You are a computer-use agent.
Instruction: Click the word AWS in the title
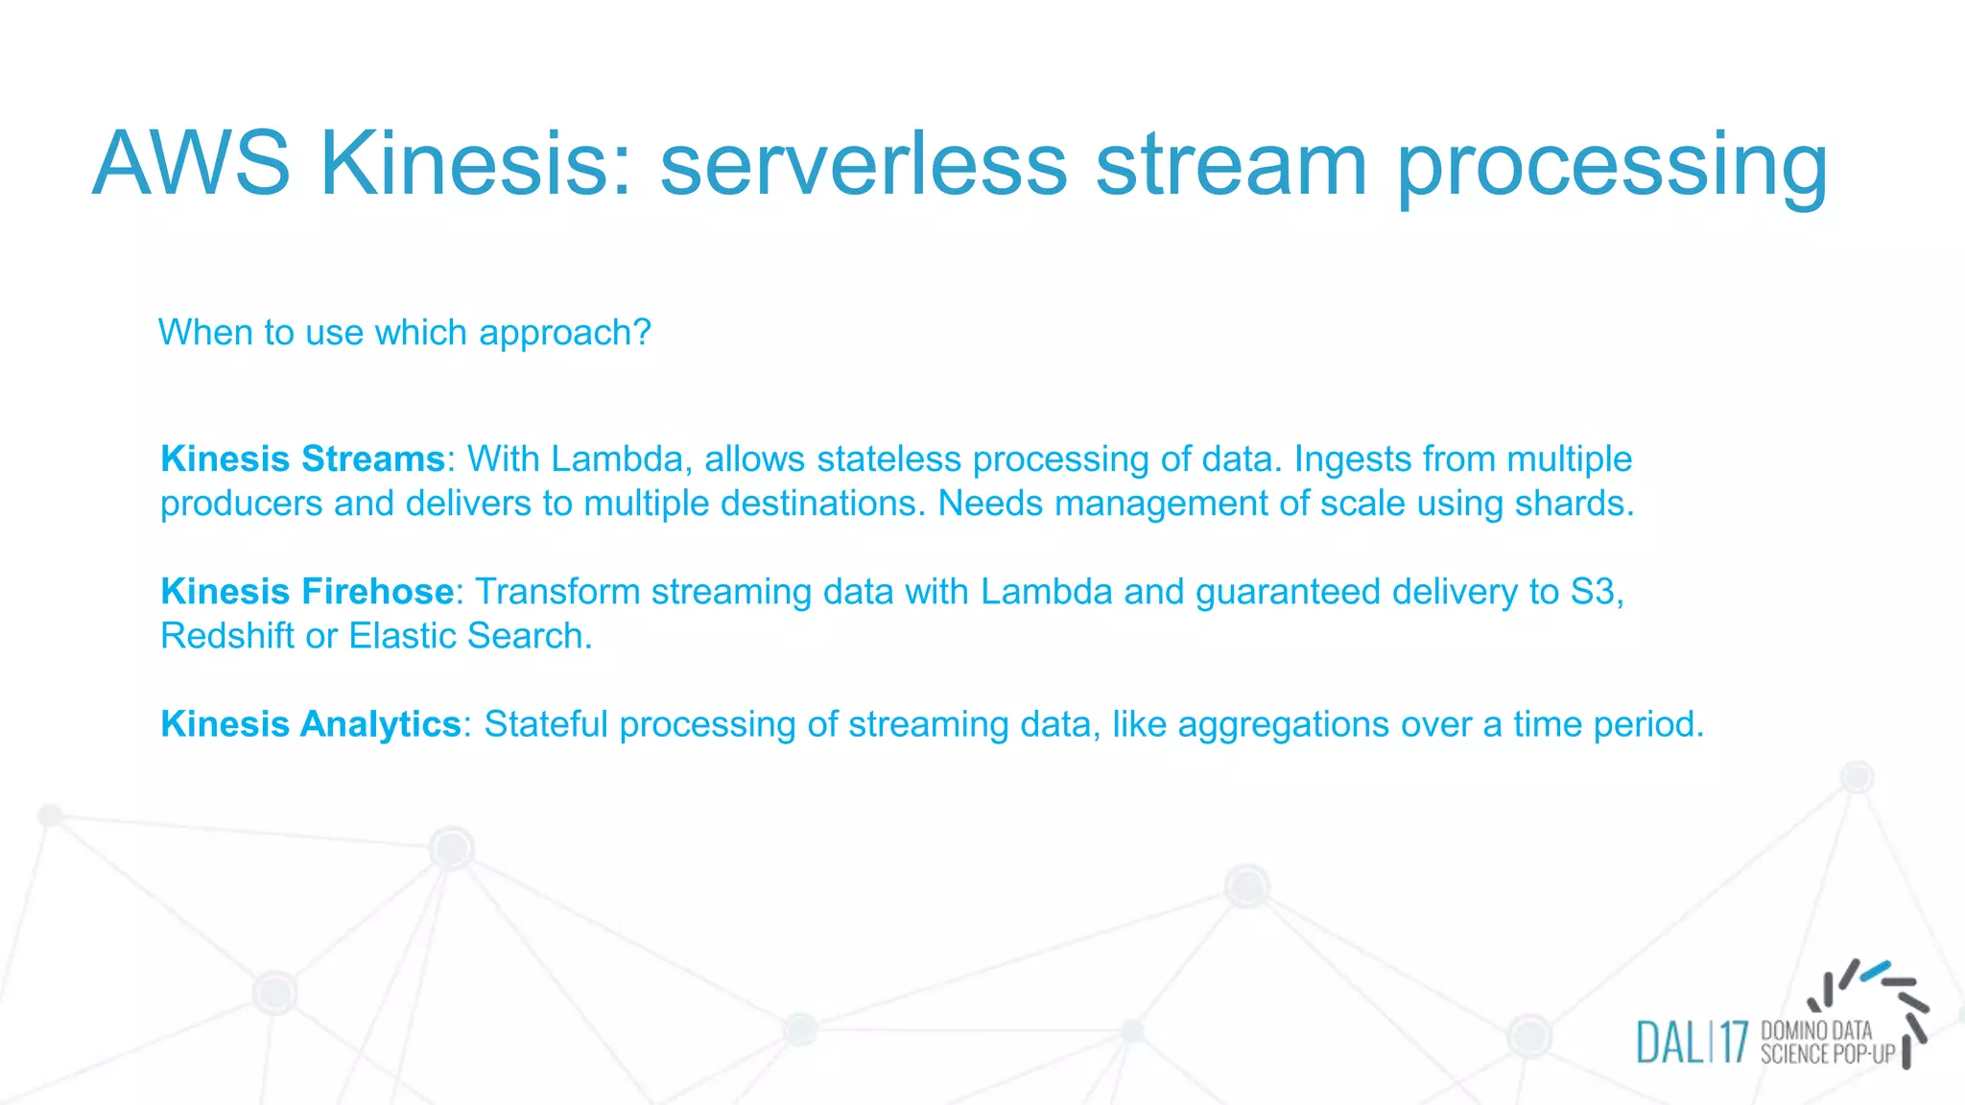tap(191, 164)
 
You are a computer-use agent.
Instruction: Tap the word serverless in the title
tap(863, 164)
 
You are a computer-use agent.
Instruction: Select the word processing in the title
tap(1611, 164)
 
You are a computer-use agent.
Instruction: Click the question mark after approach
tap(642, 333)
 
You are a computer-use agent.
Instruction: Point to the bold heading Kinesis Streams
tap(302, 458)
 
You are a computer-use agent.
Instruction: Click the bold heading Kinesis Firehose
tap(307, 591)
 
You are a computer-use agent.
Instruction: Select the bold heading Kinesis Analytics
tap(311, 723)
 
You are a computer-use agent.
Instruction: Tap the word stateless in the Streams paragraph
tap(888, 458)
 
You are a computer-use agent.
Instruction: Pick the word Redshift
tap(226, 635)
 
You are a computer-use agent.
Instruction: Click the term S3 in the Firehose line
tap(1593, 591)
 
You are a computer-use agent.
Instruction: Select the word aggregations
tap(1283, 723)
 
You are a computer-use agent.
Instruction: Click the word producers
tap(241, 503)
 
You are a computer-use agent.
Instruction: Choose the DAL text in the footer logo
tap(1669, 1043)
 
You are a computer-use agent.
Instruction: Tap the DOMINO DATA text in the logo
tap(1816, 1030)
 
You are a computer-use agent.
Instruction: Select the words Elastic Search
tap(469, 635)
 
